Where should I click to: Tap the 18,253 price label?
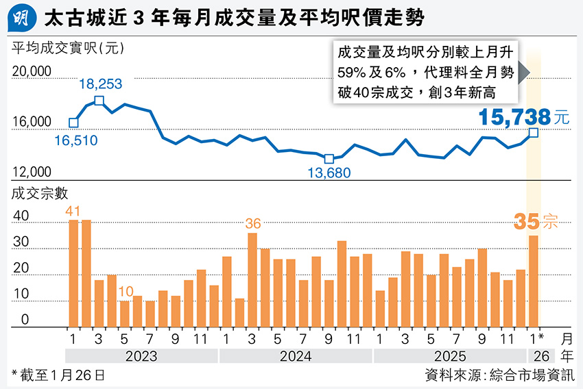pos(100,84)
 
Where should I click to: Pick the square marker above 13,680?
pos(329,159)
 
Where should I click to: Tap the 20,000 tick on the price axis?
pos(32,71)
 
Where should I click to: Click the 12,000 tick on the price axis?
pos(32,173)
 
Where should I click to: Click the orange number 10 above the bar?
pos(125,292)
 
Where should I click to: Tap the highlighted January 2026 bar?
pos(533,280)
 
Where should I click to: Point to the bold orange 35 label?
pos(525,222)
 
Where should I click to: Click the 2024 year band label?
pos(296,356)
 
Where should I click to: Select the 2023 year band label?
pos(142,356)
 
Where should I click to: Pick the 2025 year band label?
pos(450,356)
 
